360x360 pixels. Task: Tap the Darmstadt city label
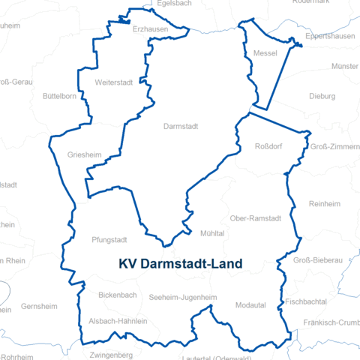(x=181, y=127)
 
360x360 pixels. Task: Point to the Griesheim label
(x=84, y=155)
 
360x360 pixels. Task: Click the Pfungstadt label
(x=109, y=240)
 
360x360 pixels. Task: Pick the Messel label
(x=265, y=54)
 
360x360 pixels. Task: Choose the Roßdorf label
(x=268, y=146)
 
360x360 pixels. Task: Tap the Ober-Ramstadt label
(x=256, y=218)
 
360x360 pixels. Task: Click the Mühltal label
(x=212, y=234)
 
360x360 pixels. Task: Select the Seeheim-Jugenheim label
(x=183, y=298)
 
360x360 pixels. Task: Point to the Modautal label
(x=250, y=305)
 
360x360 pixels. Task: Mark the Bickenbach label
(x=117, y=295)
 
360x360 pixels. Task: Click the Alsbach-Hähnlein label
(x=118, y=321)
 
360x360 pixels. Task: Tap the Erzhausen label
(x=150, y=29)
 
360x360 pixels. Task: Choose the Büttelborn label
(x=61, y=96)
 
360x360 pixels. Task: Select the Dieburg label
(x=322, y=96)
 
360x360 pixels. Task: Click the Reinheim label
(x=325, y=204)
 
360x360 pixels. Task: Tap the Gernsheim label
(x=39, y=307)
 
